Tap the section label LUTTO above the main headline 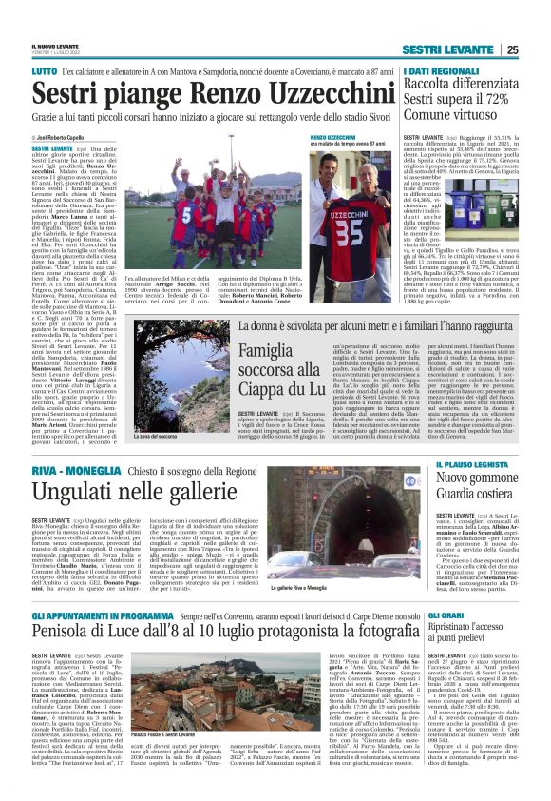pos(45,71)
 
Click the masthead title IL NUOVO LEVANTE pos(56,47)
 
